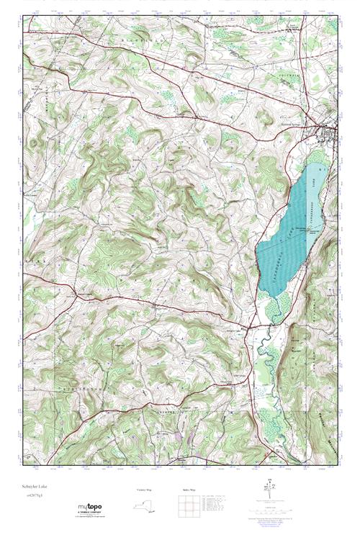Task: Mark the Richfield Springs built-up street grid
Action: (x=330, y=133)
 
